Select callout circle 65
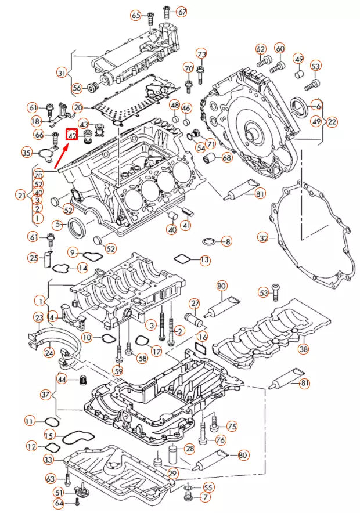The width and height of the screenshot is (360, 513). (136, 15)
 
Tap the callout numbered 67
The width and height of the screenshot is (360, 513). (182, 11)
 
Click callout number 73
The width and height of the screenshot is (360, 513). (201, 54)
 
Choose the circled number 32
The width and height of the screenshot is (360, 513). (264, 238)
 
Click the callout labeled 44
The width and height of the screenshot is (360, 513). (62, 380)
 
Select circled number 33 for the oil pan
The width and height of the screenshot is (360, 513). (49, 460)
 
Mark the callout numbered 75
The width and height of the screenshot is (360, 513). (231, 425)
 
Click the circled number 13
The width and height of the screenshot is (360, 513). (205, 261)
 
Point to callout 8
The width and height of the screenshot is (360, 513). (227, 241)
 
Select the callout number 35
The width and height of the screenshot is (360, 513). (26, 153)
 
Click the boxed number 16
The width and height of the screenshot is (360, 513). (201, 337)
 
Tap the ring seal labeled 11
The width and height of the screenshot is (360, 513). (49, 421)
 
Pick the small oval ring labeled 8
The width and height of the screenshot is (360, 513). (209, 241)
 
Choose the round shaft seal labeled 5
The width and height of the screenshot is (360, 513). (77, 227)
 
